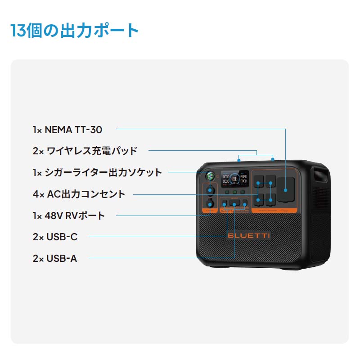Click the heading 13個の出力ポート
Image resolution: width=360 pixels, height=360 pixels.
click(x=75, y=31)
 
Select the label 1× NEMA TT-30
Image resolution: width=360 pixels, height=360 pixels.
click(x=67, y=130)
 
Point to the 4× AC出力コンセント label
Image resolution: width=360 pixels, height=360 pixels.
click(x=79, y=194)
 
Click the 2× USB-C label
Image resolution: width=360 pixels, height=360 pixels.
click(x=55, y=237)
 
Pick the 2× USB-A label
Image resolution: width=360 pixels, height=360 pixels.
click(x=55, y=258)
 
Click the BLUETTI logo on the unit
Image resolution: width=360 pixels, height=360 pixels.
click(x=249, y=236)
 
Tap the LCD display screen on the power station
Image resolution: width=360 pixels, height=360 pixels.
click(x=234, y=179)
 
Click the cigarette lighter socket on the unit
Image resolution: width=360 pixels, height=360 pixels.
click(x=210, y=190)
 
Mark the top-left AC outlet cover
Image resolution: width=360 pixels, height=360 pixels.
click(x=259, y=183)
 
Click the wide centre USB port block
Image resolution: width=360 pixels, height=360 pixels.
click(x=234, y=203)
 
